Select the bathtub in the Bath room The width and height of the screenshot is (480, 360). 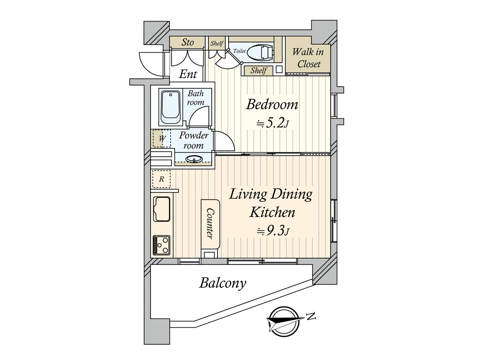(x=171, y=107)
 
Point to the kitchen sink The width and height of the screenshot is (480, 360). (x=162, y=209)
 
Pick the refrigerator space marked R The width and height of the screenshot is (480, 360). (x=161, y=179)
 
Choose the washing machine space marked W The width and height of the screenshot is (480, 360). (x=162, y=138)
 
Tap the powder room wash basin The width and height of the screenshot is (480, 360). (x=194, y=159)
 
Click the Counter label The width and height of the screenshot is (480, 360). (x=210, y=223)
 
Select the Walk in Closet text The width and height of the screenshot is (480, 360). (x=308, y=58)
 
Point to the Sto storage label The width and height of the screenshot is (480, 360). (x=187, y=42)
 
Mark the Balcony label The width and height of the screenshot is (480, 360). (x=223, y=283)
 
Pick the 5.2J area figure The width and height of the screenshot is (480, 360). (x=273, y=124)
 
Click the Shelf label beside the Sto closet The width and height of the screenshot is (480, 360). (x=217, y=43)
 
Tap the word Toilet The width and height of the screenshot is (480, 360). (x=239, y=51)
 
